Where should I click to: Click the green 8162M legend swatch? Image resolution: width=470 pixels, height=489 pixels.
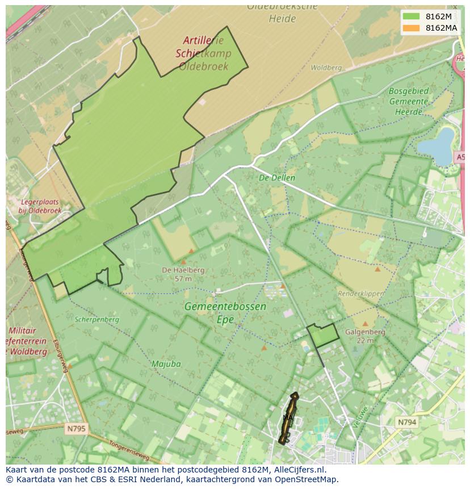click(411, 16)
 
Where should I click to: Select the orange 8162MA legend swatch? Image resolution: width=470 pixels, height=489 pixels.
click(411, 28)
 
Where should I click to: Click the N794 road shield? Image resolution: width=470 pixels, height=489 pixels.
click(406, 422)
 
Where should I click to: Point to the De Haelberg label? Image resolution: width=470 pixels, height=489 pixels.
click(183, 270)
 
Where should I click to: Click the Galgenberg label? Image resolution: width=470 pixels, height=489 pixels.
click(365, 332)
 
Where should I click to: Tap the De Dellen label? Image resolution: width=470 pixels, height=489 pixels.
click(277, 178)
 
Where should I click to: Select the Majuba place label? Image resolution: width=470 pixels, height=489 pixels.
click(166, 363)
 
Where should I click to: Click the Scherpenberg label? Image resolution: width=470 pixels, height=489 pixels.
click(97, 319)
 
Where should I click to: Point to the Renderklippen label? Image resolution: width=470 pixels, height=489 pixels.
click(361, 294)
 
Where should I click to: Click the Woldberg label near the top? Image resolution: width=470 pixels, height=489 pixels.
click(326, 68)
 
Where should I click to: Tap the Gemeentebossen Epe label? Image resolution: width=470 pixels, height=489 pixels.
click(225, 312)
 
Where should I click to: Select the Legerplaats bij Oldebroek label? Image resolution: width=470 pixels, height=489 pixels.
click(39, 206)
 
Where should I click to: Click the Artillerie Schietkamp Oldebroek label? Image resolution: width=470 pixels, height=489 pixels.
click(203, 53)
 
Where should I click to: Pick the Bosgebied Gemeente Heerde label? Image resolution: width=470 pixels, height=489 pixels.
click(409, 101)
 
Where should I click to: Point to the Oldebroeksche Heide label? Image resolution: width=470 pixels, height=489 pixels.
click(274, 12)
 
